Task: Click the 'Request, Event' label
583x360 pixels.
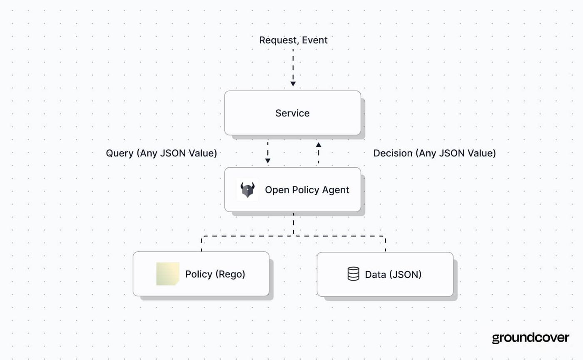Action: pyautogui.click(x=293, y=40)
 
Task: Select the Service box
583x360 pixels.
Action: pyautogui.click(x=292, y=113)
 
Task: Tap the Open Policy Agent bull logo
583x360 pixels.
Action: pyautogui.click(x=247, y=190)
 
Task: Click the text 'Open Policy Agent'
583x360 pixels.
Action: pyautogui.click(x=307, y=190)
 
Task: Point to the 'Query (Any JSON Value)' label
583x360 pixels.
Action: pyautogui.click(x=162, y=153)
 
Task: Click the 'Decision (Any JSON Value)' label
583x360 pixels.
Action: pyautogui.click(x=434, y=153)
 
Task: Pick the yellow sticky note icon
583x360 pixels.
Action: pyautogui.click(x=167, y=274)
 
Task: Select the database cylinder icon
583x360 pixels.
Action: pyautogui.click(x=353, y=274)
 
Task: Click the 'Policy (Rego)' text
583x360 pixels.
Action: pyautogui.click(x=215, y=274)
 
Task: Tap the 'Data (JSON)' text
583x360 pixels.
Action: pyautogui.click(x=393, y=275)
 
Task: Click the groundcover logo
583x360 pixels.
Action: pyautogui.click(x=531, y=338)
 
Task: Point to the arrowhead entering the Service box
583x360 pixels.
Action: pyautogui.click(x=293, y=84)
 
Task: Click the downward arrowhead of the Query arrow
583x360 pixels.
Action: pyautogui.click(x=268, y=161)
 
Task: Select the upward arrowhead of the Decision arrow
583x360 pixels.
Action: pyautogui.click(x=319, y=145)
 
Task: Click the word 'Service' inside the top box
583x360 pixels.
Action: pyautogui.click(x=292, y=113)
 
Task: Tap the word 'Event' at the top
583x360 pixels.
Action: pyautogui.click(x=315, y=40)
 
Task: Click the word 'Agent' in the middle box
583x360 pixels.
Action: pyautogui.click(x=336, y=190)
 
